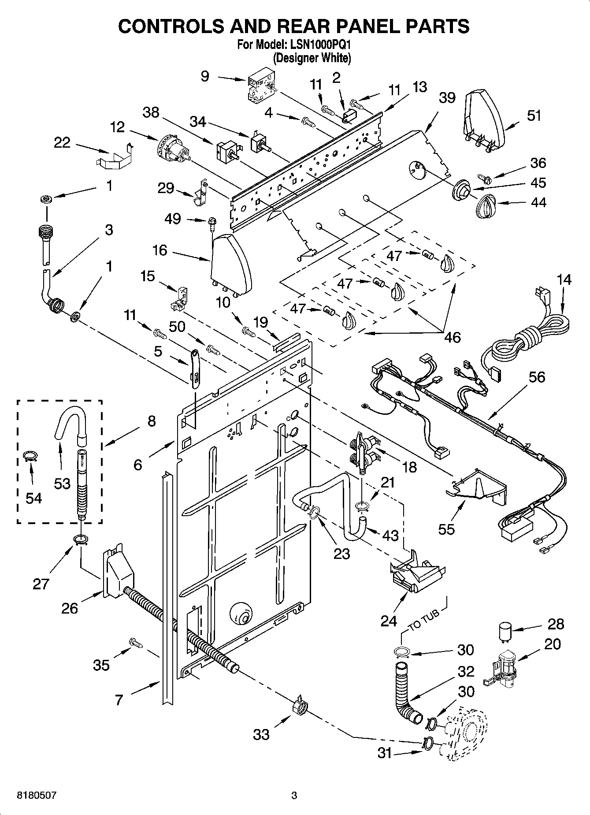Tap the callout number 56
click(536, 377)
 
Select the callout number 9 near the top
click(205, 76)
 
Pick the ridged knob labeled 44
click(486, 205)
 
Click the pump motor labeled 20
click(502, 670)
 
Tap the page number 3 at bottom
click(294, 796)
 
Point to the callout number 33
click(261, 734)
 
